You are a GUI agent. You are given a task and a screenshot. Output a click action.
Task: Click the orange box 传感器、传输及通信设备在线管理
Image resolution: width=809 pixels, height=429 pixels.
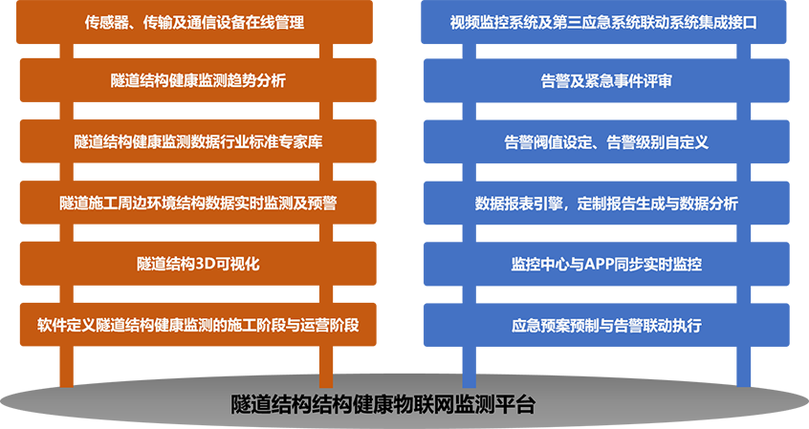(x=194, y=22)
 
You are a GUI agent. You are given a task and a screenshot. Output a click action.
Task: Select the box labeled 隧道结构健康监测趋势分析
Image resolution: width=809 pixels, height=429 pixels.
(x=198, y=80)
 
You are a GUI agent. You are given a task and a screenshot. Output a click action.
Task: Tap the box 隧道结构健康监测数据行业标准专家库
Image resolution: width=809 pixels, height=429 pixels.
(x=198, y=141)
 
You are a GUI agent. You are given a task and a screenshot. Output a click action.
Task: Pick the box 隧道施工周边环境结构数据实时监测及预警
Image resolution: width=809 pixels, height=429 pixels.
(x=198, y=203)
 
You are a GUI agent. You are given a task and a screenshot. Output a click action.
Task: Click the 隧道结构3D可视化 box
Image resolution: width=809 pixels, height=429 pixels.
(x=198, y=264)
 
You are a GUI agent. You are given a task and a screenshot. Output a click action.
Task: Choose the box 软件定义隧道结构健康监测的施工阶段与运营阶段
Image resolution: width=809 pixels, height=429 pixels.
(x=198, y=325)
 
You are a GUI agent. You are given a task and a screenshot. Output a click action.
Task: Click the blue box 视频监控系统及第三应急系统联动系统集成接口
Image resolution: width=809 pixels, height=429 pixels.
(x=603, y=22)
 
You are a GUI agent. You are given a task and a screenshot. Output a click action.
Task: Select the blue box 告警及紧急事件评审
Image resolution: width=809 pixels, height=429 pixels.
(x=606, y=80)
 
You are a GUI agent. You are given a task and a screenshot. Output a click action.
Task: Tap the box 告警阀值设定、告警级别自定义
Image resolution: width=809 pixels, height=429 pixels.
(x=606, y=141)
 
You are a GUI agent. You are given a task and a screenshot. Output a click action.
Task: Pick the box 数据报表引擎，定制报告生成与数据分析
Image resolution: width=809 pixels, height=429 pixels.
(x=606, y=204)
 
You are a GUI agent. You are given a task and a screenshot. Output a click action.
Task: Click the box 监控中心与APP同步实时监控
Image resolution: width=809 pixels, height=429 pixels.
(x=606, y=264)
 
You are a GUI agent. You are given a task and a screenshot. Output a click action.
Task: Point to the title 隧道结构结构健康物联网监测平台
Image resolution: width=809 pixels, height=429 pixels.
(x=383, y=404)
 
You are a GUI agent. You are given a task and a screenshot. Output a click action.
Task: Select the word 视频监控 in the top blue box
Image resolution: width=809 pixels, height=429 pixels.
(x=479, y=22)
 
